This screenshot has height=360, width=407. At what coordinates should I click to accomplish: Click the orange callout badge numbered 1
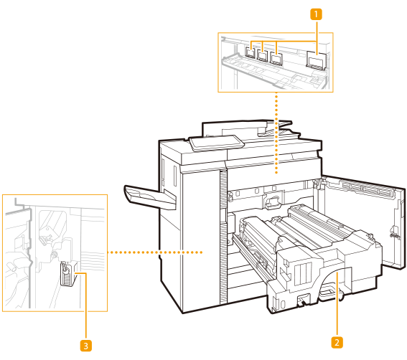click(316, 14)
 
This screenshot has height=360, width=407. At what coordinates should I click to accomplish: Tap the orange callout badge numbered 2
click(337, 342)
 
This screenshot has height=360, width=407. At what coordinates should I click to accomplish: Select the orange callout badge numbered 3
click(86, 346)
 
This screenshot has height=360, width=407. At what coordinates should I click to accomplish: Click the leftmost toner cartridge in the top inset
click(251, 52)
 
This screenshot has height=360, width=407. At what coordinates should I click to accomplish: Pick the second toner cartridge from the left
click(263, 55)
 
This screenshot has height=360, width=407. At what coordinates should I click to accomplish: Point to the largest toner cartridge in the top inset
click(316, 60)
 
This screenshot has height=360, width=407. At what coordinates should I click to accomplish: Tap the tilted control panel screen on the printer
click(217, 143)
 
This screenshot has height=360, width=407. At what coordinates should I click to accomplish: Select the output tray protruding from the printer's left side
click(150, 196)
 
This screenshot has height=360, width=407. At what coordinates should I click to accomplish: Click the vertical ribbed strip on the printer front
click(223, 237)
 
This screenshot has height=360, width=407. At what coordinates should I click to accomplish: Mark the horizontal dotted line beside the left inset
click(155, 252)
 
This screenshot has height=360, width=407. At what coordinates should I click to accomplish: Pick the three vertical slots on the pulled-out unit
click(302, 274)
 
